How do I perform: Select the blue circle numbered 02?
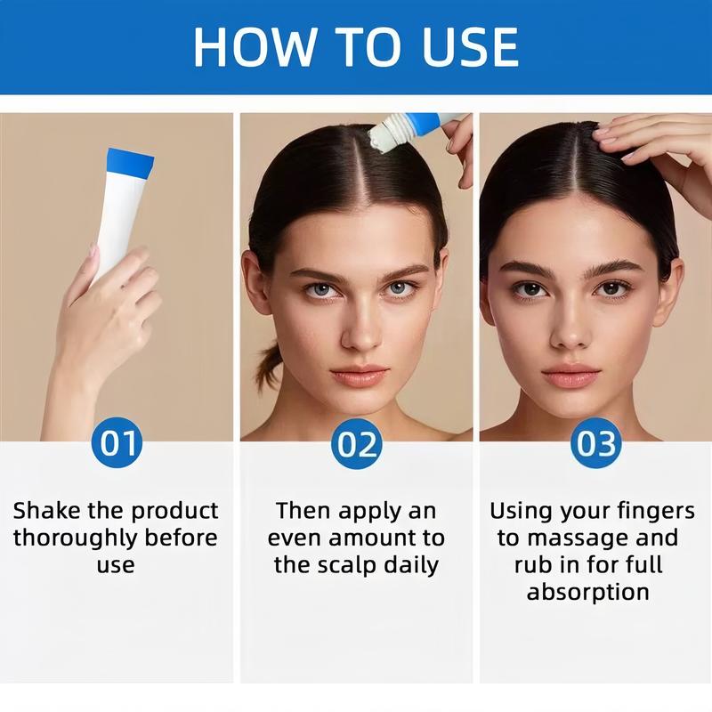(356, 442)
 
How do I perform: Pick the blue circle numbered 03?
(595, 442)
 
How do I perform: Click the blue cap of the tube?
(129, 162)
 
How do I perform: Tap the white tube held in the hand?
(115, 214)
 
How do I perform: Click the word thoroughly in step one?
(85, 538)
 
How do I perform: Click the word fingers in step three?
(655, 511)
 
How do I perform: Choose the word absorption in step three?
(587, 592)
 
